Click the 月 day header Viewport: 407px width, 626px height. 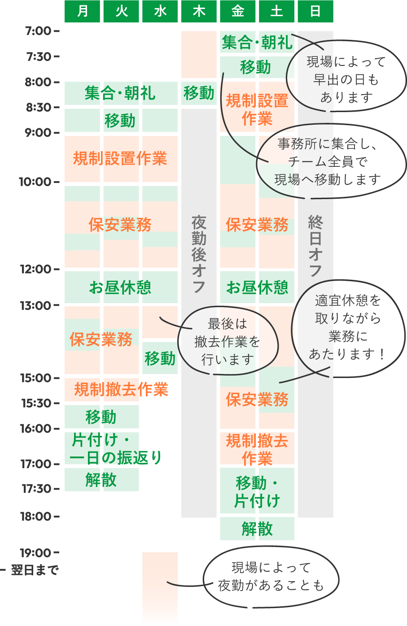point(83,11)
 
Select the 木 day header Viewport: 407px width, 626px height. point(199,11)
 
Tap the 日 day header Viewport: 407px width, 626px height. point(315,11)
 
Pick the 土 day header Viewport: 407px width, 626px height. point(276,11)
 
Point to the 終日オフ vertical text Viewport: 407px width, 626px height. point(315,246)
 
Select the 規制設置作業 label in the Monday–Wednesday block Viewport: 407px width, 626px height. point(120,158)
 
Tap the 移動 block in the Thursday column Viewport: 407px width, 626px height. point(199,93)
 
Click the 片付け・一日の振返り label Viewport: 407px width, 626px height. point(115,449)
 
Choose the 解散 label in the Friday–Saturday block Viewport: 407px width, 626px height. point(257,529)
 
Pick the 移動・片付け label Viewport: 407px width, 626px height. point(257,491)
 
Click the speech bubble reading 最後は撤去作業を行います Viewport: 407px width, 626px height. point(228,341)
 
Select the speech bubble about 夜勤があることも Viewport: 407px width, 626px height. point(271,577)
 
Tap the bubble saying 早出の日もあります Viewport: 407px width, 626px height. point(346,79)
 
